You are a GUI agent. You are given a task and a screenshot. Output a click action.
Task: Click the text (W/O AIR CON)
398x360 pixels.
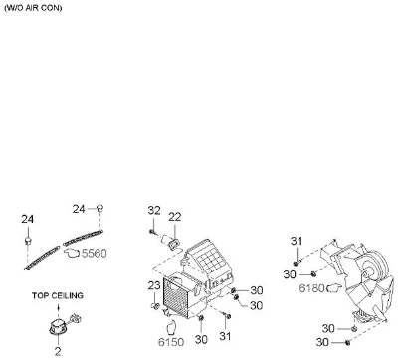[x=33, y=8]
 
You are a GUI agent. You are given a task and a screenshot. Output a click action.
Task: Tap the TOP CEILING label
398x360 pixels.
[x=58, y=295]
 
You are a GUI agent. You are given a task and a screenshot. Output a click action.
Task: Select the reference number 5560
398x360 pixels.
[x=95, y=254]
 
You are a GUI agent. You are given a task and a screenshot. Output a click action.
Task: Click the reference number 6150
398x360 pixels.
[x=171, y=342]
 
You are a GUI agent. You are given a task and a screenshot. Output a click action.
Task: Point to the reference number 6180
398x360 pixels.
[x=311, y=288]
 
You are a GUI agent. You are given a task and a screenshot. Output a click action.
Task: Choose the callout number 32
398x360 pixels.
[x=154, y=210]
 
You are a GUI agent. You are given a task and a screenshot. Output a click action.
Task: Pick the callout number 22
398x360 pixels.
[x=175, y=217]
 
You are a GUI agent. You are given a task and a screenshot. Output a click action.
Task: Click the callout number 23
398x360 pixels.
[x=154, y=285]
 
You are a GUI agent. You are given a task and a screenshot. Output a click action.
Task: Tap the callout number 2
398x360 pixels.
[x=58, y=351]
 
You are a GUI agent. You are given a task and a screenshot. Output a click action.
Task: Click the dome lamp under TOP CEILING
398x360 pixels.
[x=58, y=326]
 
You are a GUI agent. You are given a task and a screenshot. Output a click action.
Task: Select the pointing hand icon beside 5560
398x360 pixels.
[x=72, y=253]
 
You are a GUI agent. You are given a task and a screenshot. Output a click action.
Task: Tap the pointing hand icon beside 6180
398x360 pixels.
[x=334, y=288]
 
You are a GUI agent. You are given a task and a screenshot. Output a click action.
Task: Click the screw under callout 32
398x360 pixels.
[x=152, y=232]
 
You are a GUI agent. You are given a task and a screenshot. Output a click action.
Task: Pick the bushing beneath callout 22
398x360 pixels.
[x=174, y=245]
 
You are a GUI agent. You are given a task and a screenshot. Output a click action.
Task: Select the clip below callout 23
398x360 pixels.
[x=155, y=306]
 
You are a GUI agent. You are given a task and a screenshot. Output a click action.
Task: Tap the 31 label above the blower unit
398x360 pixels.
[x=297, y=241]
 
